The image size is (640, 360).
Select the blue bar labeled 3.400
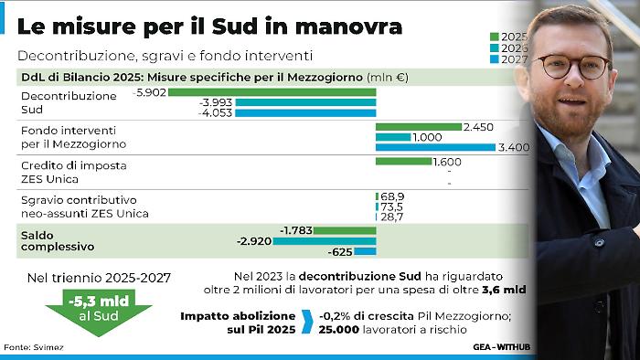tap(436, 147)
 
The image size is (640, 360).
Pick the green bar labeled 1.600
tap(404, 161)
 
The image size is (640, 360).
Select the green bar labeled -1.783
tap(347, 230)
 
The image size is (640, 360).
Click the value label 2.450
tap(479, 126)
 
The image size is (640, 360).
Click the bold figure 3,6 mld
tap(515, 291)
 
